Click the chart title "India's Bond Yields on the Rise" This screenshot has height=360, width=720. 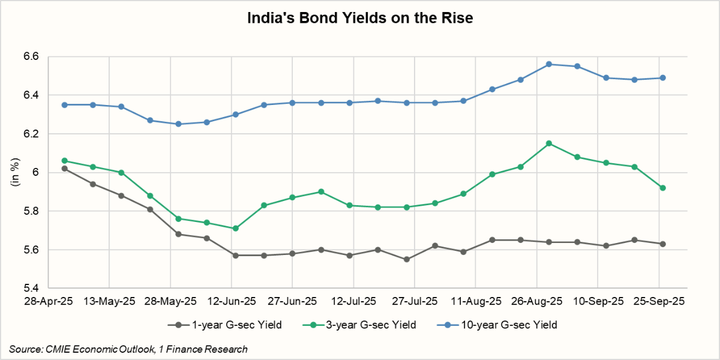pos(360,19)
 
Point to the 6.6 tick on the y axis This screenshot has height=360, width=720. pos(31,56)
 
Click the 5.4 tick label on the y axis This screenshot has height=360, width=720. pos(31,289)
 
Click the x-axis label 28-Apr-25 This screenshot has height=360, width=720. pos(48,301)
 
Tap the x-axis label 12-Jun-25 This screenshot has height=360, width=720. pos(232,301)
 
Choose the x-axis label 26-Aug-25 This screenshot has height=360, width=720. pos(536,301)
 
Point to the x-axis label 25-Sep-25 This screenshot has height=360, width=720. pos(659,301)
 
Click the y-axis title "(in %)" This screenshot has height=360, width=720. pos(16,173)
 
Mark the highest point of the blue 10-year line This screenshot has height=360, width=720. pos(549,64)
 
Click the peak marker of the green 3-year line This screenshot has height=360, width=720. pos(549,143)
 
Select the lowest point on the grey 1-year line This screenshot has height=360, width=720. pos(407,259)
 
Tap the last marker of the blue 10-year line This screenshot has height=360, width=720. pos(662,77)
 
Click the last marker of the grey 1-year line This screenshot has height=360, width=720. pos(662,244)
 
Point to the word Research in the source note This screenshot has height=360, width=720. pos(226,349)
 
